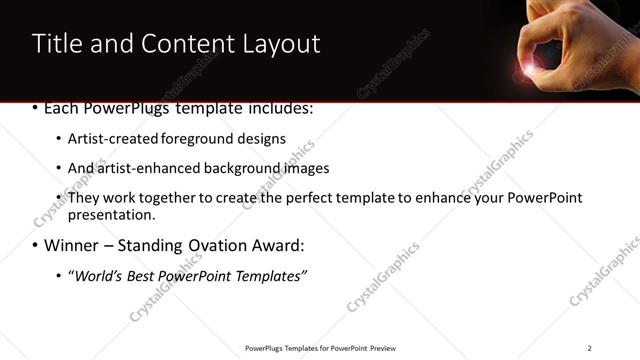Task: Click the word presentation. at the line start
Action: point(112,215)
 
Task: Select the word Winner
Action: point(70,245)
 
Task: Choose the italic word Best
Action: point(138,275)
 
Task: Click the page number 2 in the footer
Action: point(589,348)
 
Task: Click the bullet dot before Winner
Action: point(36,245)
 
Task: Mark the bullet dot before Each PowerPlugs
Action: point(36,108)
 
